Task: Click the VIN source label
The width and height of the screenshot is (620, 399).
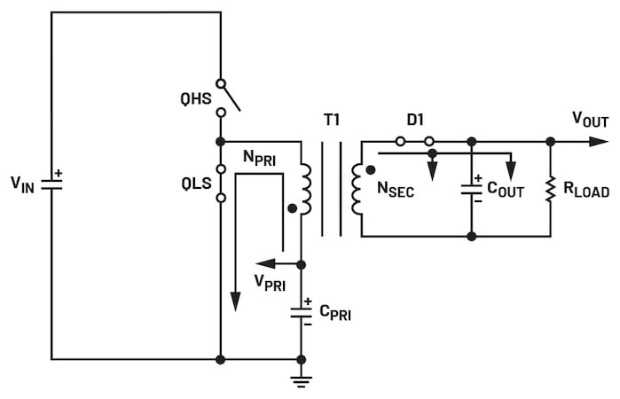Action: [x=22, y=184]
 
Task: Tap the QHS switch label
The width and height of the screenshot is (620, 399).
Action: [x=196, y=98]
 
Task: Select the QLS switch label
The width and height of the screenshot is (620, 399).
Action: [x=196, y=184]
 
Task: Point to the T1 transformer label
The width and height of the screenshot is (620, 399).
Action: [x=332, y=120]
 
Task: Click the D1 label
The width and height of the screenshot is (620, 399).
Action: [x=415, y=120]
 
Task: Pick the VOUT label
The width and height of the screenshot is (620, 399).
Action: [x=590, y=120]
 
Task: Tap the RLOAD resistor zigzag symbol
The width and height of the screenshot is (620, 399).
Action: [x=551, y=190]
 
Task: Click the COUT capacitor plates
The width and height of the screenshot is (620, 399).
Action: [x=471, y=190]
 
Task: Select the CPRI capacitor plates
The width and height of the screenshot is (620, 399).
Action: [x=301, y=313]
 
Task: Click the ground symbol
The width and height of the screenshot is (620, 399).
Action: [x=301, y=380]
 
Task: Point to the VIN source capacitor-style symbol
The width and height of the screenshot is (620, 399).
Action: [x=51, y=184]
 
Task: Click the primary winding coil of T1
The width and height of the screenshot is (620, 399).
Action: [x=306, y=189]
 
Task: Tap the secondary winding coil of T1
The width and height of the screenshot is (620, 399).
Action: [x=357, y=189]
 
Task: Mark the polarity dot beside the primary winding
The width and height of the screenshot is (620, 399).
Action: [x=292, y=208]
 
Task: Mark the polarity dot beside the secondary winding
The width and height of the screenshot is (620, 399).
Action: [x=371, y=170]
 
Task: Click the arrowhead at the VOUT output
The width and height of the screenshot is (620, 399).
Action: [x=599, y=142]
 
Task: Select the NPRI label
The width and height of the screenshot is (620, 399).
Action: [x=259, y=158]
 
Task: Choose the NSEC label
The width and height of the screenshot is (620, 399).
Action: [x=396, y=189]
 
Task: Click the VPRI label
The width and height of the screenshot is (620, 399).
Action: [x=270, y=282]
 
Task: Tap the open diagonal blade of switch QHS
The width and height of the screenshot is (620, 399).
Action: [x=231, y=98]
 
